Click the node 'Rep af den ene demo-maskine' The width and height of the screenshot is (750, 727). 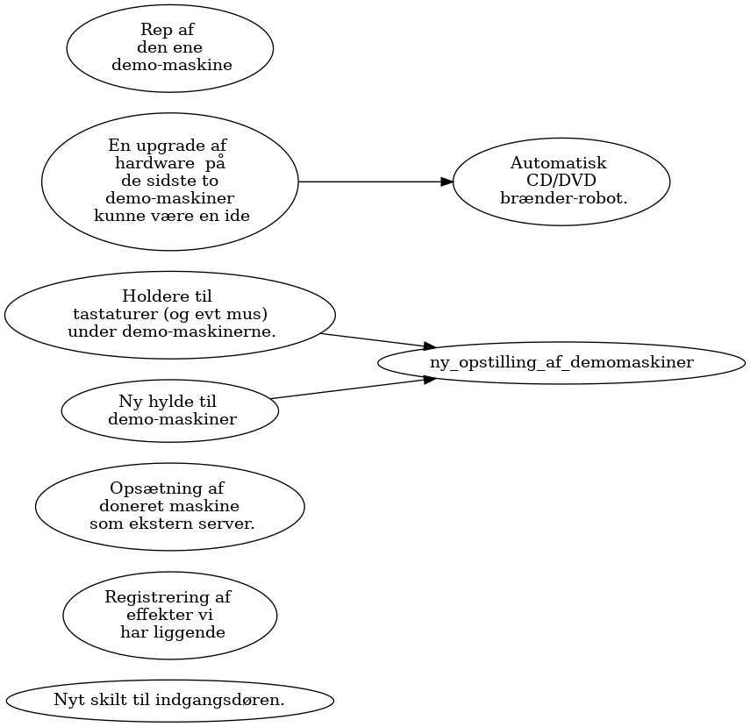(x=170, y=48)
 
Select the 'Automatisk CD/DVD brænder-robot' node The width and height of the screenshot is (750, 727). (x=561, y=182)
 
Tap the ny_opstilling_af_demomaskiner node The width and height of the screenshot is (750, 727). (x=561, y=362)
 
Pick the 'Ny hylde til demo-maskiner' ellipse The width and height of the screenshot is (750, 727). (x=170, y=410)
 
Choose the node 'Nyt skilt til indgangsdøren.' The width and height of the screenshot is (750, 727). (x=170, y=700)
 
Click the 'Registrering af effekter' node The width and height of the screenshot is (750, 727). (x=170, y=615)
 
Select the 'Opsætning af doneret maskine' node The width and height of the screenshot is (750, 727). (x=170, y=507)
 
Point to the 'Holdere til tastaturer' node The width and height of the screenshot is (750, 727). (x=170, y=315)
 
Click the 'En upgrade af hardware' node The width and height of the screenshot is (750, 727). (x=170, y=182)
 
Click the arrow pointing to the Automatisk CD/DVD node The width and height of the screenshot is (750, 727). (x=375, y=182)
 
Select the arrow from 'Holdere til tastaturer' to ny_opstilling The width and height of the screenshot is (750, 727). (x=378, y=340)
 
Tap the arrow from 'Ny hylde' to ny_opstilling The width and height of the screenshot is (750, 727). (x=353, y=388)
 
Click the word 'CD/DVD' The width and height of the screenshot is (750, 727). (x=561, y=181)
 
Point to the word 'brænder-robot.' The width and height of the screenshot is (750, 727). (x=563, y=198)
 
